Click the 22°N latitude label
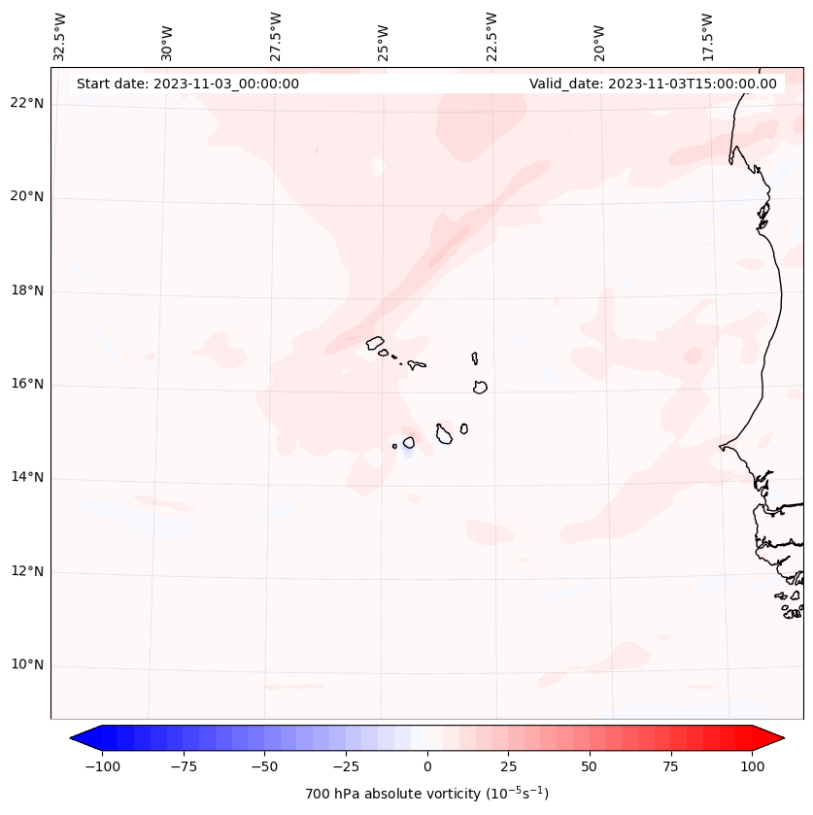tap(27, 104)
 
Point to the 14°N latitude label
tap(27, 478)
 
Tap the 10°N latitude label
tap(27, 665)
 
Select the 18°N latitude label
tap(27, 290)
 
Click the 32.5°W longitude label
tap(60, 36)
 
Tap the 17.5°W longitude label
tap(707, 36)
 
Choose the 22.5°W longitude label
tap(491, 36)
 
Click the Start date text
tap(187, 84)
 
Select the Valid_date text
tap(653, 84)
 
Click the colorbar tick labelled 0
tap(427, 766)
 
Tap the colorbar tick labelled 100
tap(752, 766)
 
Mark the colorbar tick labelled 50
tap(590, 766)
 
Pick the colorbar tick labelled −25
tap(346, 766)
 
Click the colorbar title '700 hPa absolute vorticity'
tap(427, 794)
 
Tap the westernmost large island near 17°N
tap(375, 343)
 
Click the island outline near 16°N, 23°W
tap(480, 387)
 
